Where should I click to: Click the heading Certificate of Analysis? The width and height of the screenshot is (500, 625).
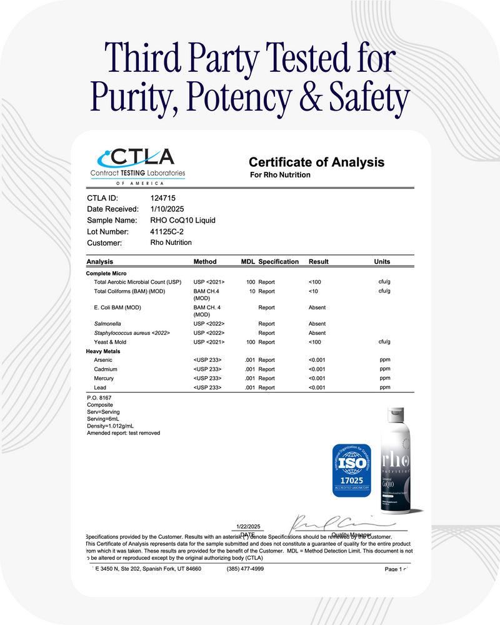tap(316, 162)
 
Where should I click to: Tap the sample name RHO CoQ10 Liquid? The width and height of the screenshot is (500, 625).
tap(183, 221)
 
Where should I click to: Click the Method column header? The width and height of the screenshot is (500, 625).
tap(205, 261)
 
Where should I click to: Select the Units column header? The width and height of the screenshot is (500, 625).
tap(382, 261)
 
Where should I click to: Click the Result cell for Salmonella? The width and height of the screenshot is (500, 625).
tap(317, 324)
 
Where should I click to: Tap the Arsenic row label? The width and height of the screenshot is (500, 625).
tap(104, 360)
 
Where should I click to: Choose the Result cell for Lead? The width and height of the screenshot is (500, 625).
tap(318, 387)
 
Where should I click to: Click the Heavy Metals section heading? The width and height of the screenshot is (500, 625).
tap(103, 351)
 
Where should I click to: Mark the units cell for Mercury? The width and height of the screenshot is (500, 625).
tap(384, 378)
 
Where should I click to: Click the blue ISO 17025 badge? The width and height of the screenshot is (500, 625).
tap(351, 470)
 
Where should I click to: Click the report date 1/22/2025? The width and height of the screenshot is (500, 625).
tap(247, 527)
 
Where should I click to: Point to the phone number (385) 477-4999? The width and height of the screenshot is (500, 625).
tap(245, 569)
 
